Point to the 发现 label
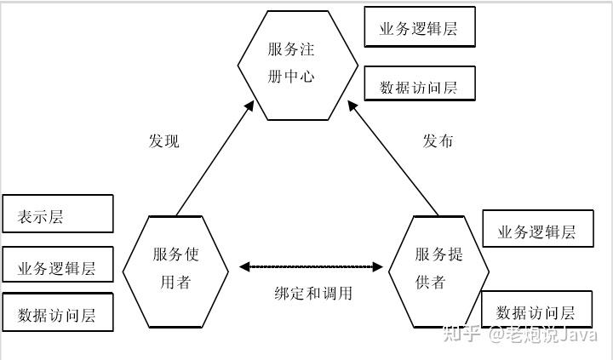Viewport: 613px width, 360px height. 163,140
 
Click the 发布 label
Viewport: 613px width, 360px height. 438,140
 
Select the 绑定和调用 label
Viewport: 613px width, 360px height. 313,293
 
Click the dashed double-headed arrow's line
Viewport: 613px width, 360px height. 312,267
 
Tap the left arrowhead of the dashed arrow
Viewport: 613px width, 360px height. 244,267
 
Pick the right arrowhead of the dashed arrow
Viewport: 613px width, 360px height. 378,267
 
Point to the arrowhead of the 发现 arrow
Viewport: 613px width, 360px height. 249,106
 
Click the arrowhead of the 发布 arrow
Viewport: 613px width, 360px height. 352,106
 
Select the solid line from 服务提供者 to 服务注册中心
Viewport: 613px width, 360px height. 392,158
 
